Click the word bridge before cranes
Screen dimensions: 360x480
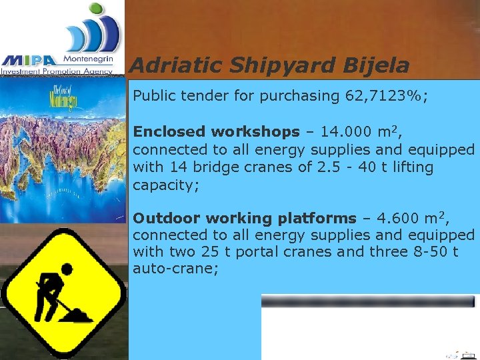pos(219,167)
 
